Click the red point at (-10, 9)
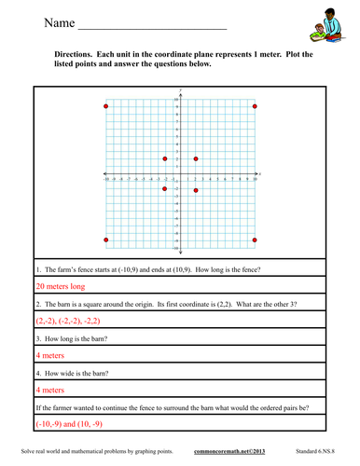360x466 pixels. [106, 107]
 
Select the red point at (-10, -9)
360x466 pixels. [106, 240]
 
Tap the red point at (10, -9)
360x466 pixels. [255, 240]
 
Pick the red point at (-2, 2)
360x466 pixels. [165, 159]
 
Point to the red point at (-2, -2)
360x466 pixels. [165, 189]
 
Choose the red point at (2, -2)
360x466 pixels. [195, 190]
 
